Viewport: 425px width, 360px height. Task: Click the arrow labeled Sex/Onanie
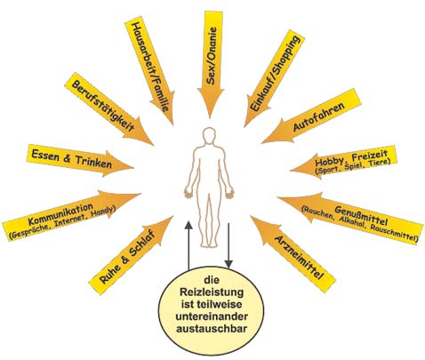point(211,62)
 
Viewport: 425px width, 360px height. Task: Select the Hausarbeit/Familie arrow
point(150,69)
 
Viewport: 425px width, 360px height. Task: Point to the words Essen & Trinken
point(72,159)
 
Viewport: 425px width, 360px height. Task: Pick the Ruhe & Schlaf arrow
point(131,256)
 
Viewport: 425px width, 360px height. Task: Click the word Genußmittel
point(361,216)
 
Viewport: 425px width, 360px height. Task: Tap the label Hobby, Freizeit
point(351,158)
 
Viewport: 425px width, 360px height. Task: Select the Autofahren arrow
point(311,117)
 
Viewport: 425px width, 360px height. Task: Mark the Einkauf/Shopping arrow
point(274,79)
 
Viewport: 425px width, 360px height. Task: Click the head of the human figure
point(210,136)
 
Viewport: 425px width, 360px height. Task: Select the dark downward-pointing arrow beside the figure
point(229,245)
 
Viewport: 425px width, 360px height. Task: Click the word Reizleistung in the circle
point(212,292)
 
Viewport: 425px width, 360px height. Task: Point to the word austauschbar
point(212,329)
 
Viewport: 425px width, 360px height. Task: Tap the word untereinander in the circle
point(212,316)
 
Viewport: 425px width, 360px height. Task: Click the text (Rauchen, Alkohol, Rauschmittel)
point(360,223)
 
